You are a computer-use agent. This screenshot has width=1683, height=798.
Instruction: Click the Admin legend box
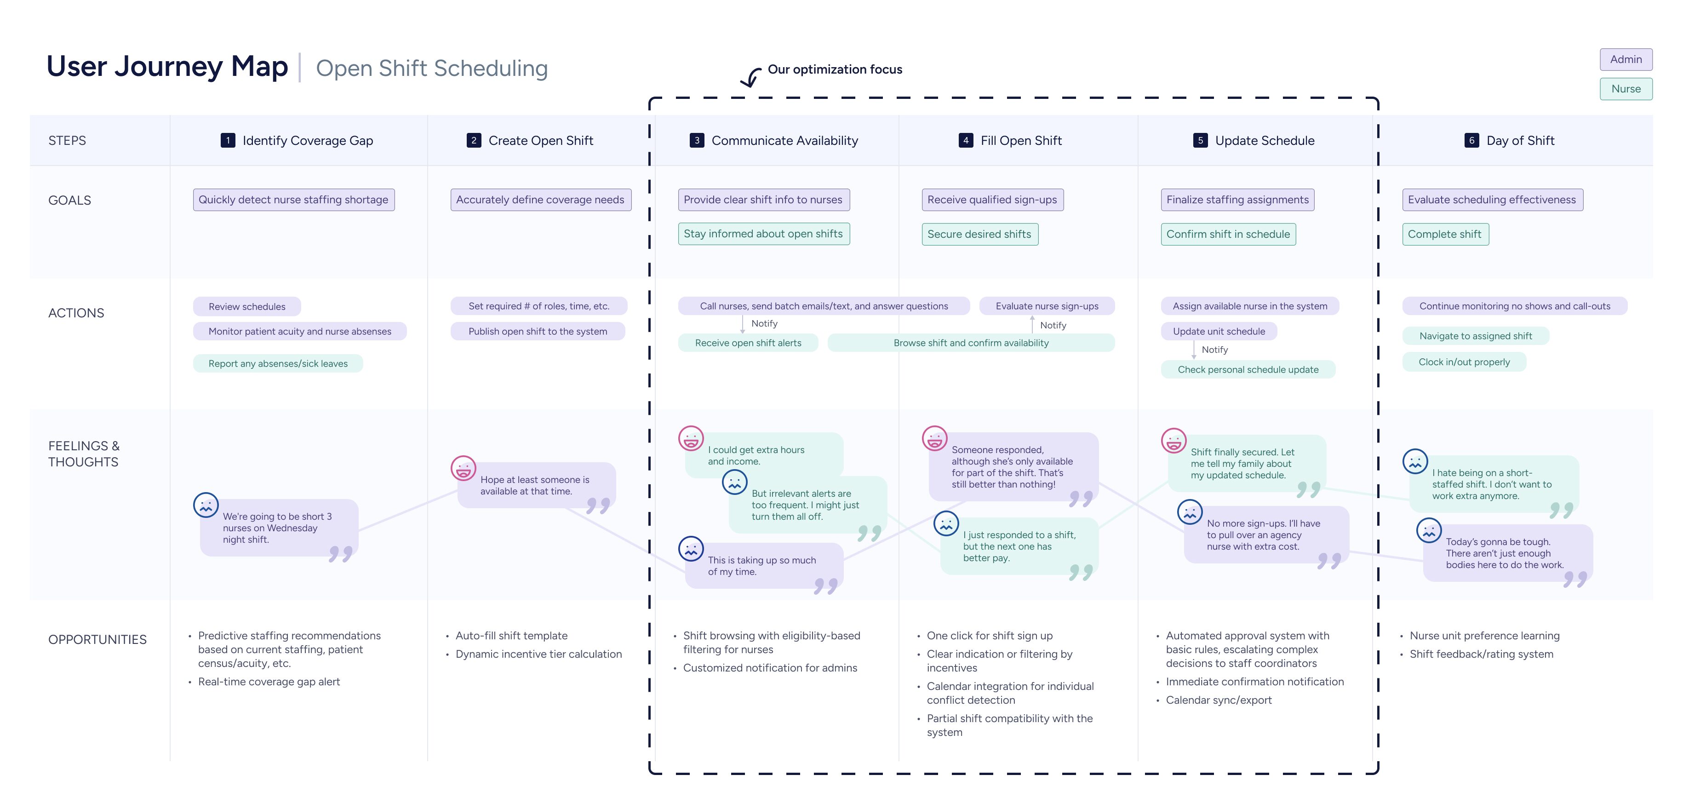[1626, 59]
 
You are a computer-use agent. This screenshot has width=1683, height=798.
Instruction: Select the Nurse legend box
[1626, 89]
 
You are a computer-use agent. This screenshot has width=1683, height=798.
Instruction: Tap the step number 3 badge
[697, 141]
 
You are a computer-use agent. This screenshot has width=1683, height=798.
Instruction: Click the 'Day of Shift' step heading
[1520, 141]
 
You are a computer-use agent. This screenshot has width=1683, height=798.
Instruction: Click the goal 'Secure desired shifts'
[979, 234]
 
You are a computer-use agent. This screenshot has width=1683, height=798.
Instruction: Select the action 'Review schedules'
[247, 306]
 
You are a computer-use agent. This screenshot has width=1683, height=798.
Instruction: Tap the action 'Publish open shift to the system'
[538, 331]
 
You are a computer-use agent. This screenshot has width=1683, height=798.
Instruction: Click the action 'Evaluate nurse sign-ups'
[1047, 306]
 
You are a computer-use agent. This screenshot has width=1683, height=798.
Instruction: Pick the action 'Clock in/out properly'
[1464, 362]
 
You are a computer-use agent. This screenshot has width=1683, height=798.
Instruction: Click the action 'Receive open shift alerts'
[748, 343]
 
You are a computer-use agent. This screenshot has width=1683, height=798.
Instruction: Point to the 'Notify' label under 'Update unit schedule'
[1214, 350]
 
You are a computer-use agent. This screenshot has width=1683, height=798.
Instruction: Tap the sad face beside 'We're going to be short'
[206, 505]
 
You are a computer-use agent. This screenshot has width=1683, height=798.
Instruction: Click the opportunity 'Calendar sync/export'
[1219, 700]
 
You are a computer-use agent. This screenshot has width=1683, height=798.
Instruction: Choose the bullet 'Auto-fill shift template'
[511, 636]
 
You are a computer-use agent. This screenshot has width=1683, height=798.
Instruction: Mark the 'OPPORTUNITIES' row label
[97, 640]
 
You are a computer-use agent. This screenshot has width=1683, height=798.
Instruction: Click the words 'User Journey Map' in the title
[167, 67]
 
